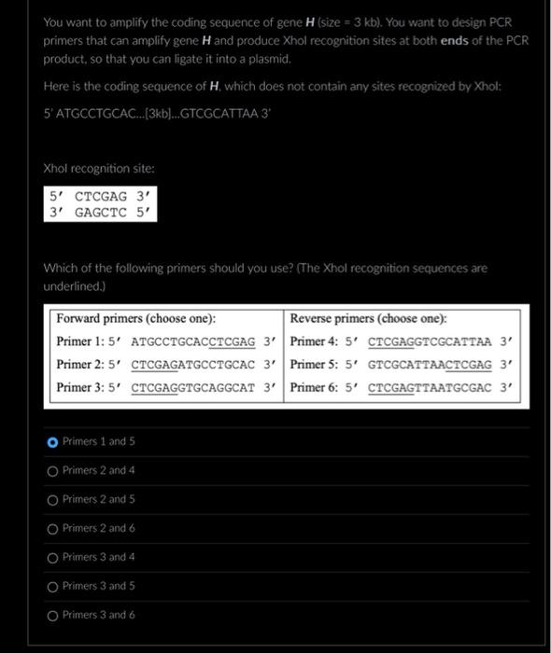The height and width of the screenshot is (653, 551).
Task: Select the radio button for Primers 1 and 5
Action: [52, 441]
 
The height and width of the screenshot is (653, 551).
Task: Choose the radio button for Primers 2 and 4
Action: [52, 470]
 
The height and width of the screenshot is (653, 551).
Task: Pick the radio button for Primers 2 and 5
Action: [52, 499]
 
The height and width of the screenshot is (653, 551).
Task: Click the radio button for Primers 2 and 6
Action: [52, 528]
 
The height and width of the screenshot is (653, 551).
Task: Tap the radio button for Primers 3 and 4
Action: [52, 557]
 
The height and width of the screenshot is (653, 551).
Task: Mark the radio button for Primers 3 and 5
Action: [52, 586]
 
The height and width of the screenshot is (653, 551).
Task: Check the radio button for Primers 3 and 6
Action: [52, 615]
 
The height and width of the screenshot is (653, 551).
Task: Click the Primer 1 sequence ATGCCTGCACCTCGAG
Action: [193, 341]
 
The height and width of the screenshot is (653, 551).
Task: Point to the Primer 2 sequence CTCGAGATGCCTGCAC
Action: [193, 364]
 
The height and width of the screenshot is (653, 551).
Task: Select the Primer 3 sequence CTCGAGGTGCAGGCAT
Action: [193, 387]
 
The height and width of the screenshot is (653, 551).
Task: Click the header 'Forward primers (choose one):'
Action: [136, 318]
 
